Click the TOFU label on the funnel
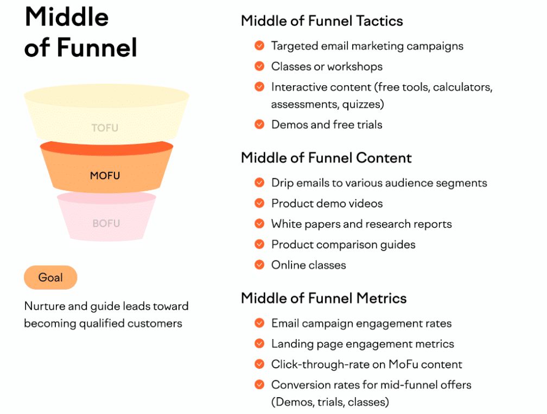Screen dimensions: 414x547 pyautogui.click(x=105, y=128)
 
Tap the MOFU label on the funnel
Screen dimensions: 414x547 pyautogui.click(x=105, y=175)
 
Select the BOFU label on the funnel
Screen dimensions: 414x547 pyautogui.click(x=106, y=223)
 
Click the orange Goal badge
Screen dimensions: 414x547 pyautogui.click(x=50, y=278)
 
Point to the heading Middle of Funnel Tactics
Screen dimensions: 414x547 pyautogui.click(x=322, y=21)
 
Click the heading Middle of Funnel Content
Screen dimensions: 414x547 pyautogui.click(x=326, y=158)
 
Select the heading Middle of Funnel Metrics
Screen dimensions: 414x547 pyautogui.click(x=323, y=298)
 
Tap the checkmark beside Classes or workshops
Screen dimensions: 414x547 pyautogui.click(x=259, y=66)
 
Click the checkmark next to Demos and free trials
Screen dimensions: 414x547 pyautogui.click(x=259, y=124)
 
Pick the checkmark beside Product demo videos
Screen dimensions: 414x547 pyautogui.click(x=259, y=203)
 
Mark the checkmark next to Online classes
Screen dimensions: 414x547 pyautogui.click(x=259, y=265)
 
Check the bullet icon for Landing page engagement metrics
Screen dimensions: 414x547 pyautogui.click(x=259, y=343)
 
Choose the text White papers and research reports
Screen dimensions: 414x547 pyautogui.click(x=361, y=224)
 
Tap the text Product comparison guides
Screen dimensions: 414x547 pyautogui.click(x=343, y=244)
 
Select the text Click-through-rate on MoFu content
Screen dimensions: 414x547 pyautogui.click(x=367, y=364)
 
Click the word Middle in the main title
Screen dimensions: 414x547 pyautogui.click(x=66, y=17)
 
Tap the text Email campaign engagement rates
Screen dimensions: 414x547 pyautogui.click(x=361, y=323)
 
